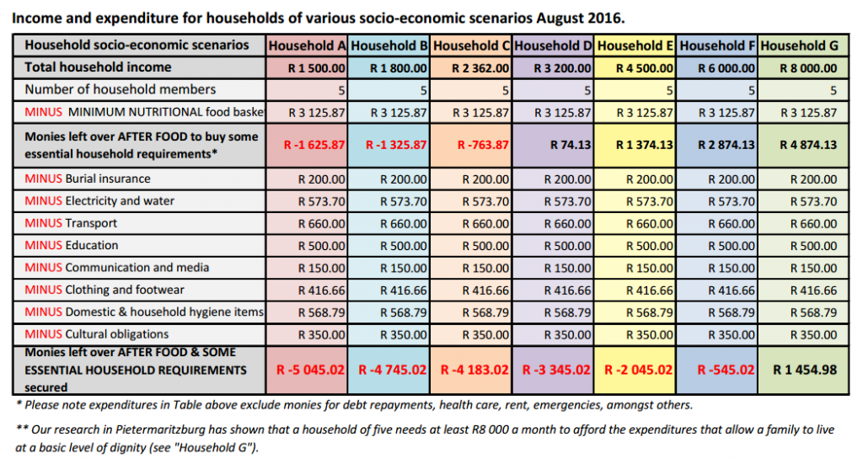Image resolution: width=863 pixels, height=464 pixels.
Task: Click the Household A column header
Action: coord(307,45)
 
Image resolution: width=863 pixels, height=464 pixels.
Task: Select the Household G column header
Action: coord(799,45)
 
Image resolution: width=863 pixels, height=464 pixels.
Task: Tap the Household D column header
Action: coord(553,45)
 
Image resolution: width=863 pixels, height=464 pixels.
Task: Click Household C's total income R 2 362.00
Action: coord(480,69)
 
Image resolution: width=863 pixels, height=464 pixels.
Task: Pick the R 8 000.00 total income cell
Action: coord(808,69)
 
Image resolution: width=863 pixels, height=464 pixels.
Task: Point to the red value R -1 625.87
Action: coord(314,145)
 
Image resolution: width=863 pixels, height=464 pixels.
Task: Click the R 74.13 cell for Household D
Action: coord(571,145)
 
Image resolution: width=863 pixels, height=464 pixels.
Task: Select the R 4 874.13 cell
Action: coord(808,145)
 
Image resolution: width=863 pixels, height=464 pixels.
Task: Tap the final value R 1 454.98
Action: coord(805,370)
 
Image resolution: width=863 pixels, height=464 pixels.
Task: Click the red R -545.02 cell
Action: coord(726,370)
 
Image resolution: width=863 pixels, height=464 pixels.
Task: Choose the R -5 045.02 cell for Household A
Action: coord(310,370)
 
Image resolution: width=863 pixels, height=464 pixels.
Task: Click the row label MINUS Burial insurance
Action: coord(88,179)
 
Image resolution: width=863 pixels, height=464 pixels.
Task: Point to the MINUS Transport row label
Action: coord(71,223)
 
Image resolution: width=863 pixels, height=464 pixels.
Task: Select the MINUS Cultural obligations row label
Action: coord(97,334)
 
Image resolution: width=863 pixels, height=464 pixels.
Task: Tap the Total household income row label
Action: coord(98,67)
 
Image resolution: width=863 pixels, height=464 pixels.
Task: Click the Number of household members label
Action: coord(121,89)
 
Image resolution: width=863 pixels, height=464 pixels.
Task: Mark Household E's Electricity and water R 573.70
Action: coord(650,202)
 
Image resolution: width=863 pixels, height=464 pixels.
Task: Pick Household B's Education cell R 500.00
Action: coord(404,246)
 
